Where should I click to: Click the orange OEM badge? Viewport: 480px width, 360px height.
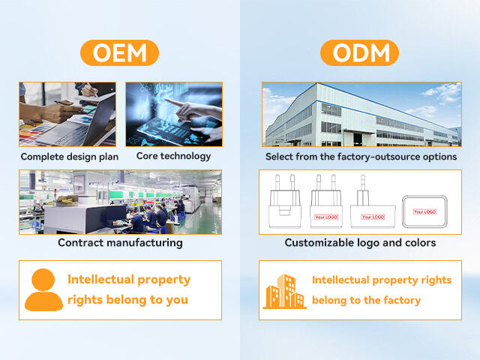point(120,53)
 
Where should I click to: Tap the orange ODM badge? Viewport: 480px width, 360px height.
point(360,53)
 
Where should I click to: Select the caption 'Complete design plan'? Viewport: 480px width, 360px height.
point(68,157)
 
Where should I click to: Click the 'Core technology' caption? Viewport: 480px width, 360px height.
point(173,156)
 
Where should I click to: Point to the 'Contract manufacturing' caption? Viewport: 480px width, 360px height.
point(120,242)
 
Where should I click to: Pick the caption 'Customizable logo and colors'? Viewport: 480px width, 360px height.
point(360,243)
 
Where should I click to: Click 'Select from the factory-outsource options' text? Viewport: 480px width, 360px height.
point(361,157)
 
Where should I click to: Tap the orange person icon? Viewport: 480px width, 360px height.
point(43,289)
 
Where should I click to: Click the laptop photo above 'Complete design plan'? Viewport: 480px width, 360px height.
point(67,114)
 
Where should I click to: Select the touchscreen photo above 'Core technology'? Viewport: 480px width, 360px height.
point(173,114)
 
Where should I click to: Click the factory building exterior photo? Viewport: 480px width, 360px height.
point(361,114)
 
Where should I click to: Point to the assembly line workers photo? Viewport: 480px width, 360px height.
point(120,202)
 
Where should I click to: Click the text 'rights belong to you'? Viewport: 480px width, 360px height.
point(127,300)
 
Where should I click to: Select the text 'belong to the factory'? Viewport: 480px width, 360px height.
point(366,300)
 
